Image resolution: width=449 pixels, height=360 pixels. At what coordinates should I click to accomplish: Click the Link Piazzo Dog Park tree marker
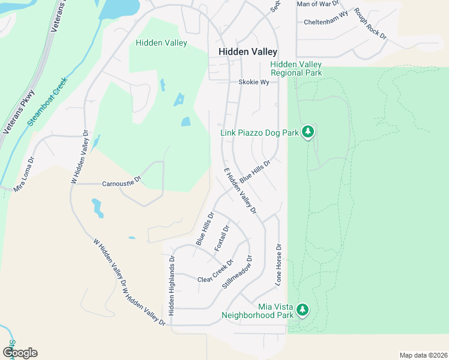point(308,131)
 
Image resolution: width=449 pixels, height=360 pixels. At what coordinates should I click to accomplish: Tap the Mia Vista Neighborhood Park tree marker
point(303,310)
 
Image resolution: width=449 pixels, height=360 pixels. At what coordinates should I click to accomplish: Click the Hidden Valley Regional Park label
point(296,68)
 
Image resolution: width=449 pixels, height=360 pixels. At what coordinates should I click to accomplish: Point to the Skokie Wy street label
point(253,82)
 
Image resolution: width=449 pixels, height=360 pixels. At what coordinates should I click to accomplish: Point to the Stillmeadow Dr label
point(237,272)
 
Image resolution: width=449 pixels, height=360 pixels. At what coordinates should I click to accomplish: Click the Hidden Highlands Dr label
point(171,286)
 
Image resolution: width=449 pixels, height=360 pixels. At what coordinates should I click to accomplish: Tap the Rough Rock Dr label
point(370,24)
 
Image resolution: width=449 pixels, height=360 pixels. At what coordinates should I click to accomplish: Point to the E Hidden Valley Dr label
point(240,191)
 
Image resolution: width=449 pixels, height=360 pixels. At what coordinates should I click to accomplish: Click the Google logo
point(20,352)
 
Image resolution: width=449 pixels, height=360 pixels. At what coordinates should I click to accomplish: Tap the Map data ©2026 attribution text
point(423,355)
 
